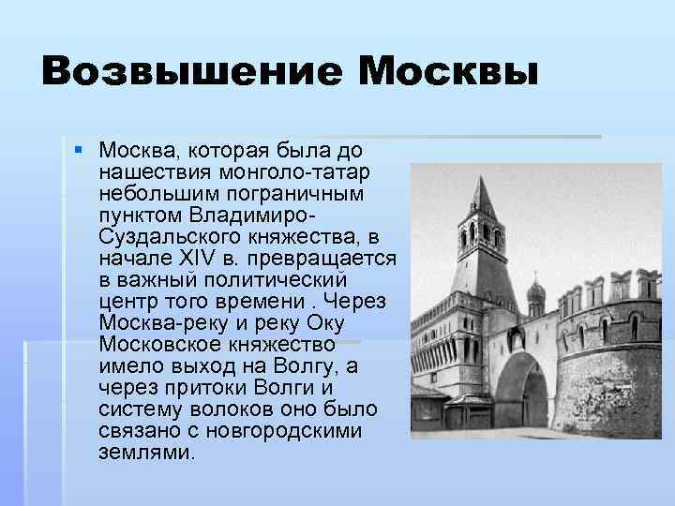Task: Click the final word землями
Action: (x=145, y=452)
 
